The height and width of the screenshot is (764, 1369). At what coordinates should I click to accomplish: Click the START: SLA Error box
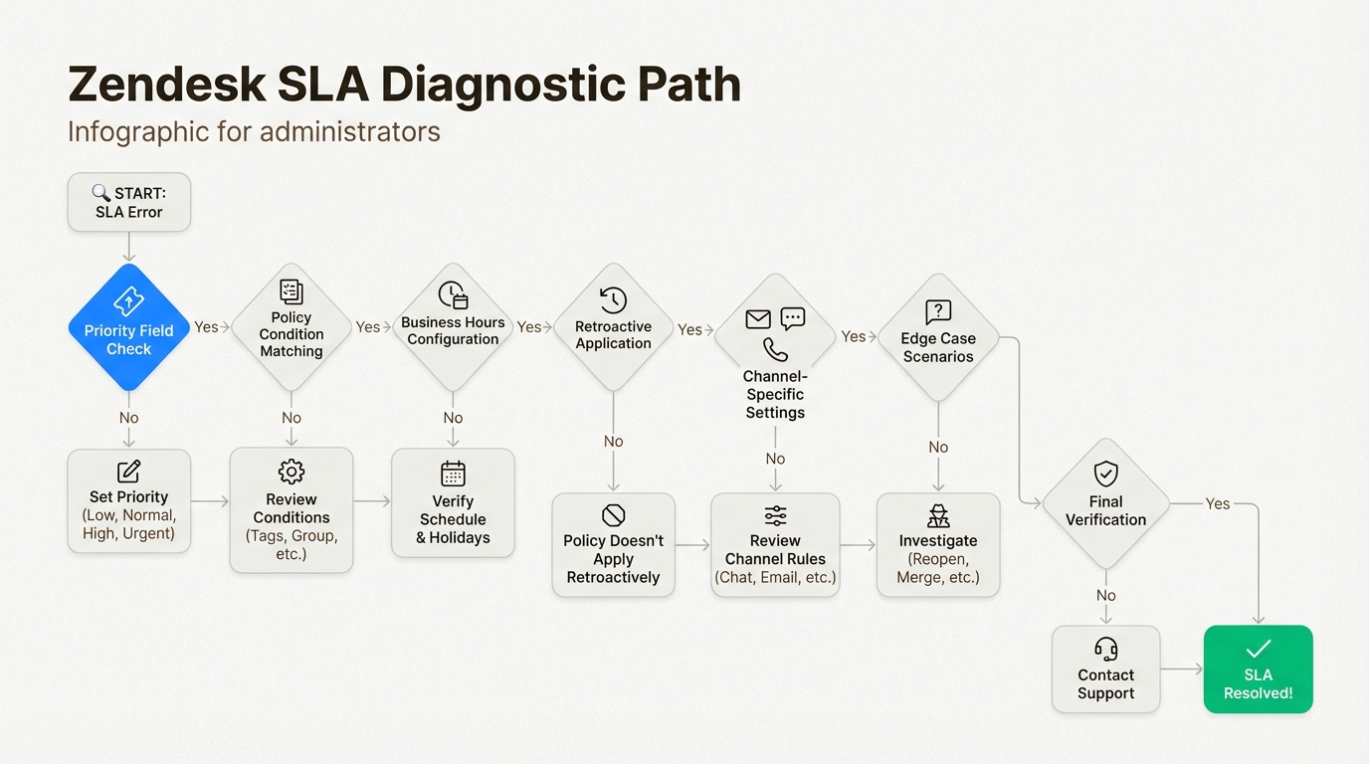click(x=128, y=202)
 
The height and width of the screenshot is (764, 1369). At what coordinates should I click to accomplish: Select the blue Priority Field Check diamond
click(x=128, y=327)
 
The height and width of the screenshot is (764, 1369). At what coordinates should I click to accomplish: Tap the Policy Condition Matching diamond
click(x=291, y=327)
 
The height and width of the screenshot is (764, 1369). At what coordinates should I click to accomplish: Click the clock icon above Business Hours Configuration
click(x=453, y=295)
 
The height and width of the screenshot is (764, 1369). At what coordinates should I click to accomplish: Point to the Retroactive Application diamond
click(x=613, y=327)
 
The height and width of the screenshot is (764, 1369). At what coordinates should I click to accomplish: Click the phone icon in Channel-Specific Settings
click(x=775, y=349)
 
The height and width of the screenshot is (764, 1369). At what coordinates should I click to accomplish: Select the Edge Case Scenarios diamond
click(x=937, y=338)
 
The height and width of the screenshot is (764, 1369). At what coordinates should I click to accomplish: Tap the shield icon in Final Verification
click(x=1105, y=473)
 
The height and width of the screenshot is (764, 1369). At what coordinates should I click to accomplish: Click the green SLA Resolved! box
click(x=1258, y=668)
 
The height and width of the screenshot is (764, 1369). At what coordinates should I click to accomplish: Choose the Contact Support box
click(x=1105, y=668)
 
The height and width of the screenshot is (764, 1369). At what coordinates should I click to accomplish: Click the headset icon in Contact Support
click(x=1105, y=649)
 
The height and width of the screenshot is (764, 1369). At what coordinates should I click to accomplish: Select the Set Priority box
click(x=128, y=500)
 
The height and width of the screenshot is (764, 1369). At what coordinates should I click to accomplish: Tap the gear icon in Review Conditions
click(x=291, y=471)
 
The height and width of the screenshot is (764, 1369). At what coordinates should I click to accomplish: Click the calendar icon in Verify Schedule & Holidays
click(x=453, y=473)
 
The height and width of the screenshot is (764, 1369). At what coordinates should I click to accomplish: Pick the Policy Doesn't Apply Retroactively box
click(x=613, y=545)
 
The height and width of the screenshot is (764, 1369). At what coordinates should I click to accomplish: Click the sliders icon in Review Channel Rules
click(x=775, y=515)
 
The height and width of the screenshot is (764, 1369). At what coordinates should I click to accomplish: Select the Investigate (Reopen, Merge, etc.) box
click(x=937, y=545)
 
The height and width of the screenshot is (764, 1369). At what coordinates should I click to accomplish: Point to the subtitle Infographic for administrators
click(x=254, y=131)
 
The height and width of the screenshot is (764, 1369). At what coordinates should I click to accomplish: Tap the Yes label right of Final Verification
click(x=1217, y=503)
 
